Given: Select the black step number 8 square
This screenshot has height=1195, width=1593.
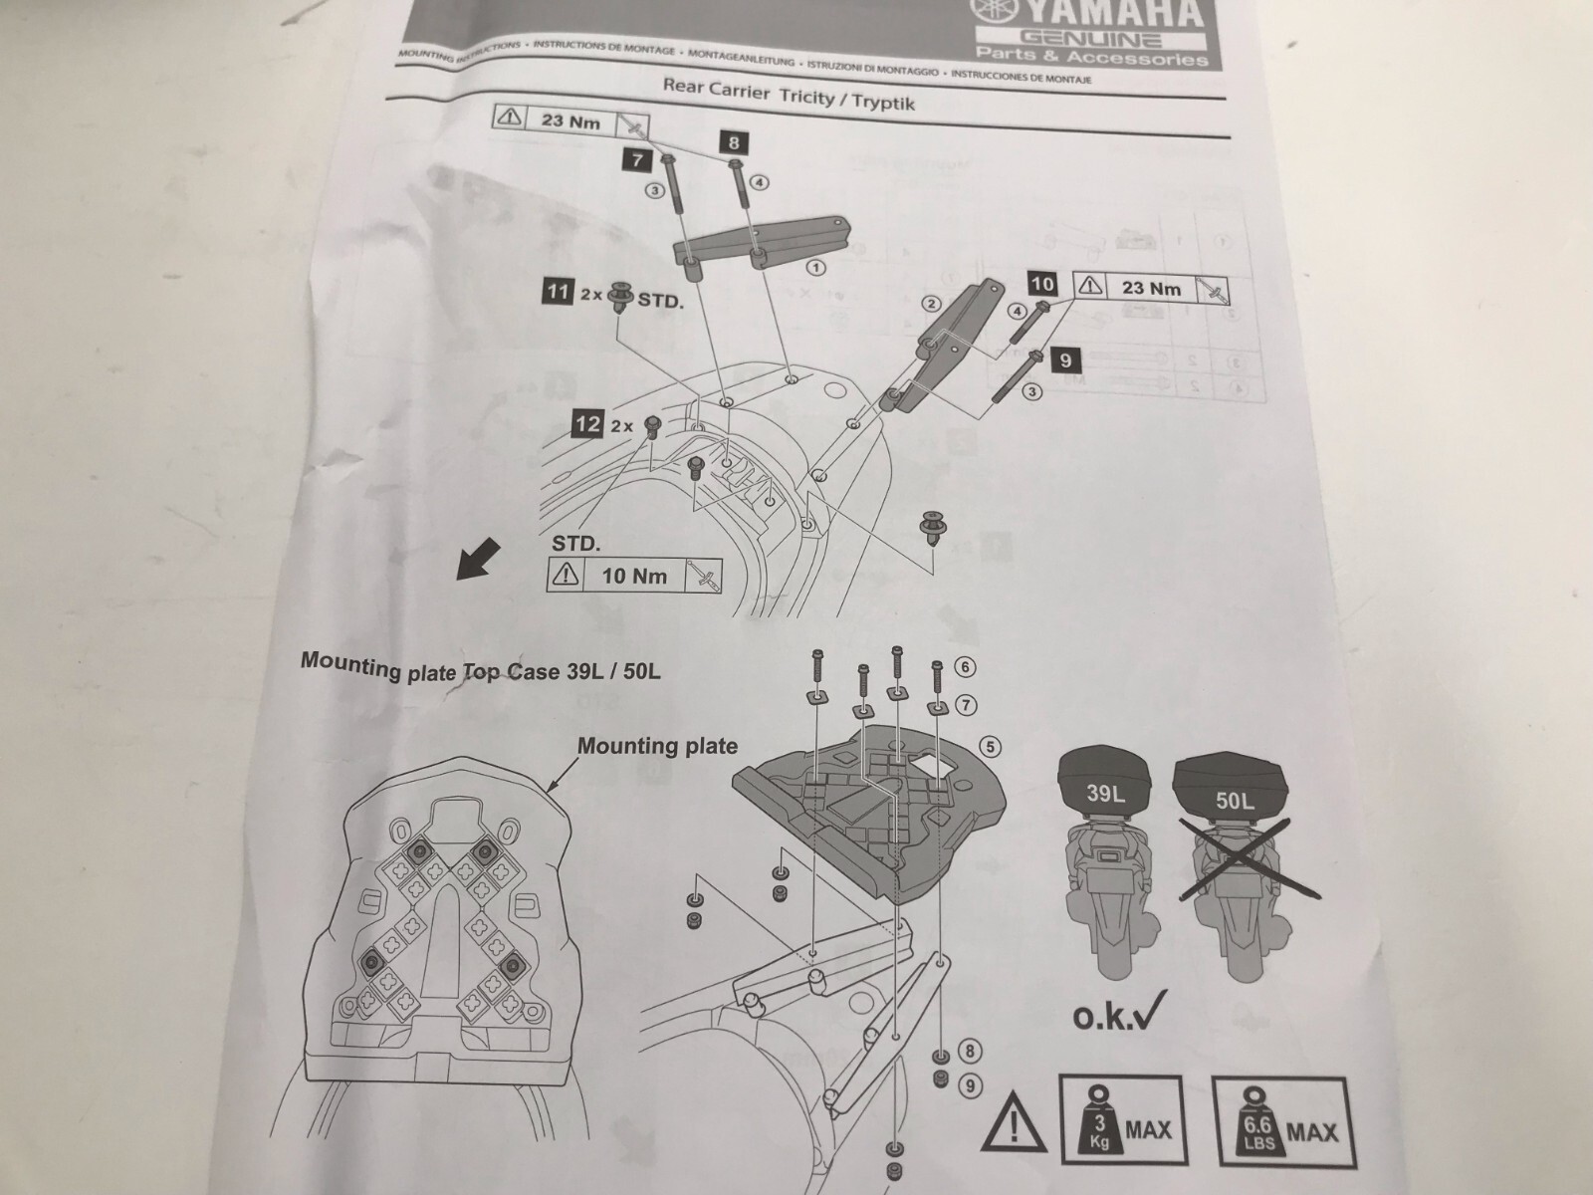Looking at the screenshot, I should pos(738,143).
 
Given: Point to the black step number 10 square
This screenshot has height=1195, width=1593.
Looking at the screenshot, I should pos(1042,284).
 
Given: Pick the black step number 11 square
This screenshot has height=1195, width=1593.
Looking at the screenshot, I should pos(557,292).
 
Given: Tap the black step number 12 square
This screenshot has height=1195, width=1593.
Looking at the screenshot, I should pos(587,425).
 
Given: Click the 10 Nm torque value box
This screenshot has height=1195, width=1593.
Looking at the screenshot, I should pos(634,576).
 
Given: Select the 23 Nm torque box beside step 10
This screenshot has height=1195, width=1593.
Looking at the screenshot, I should pos(1152,288).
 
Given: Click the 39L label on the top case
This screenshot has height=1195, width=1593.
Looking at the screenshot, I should pos(1104,795).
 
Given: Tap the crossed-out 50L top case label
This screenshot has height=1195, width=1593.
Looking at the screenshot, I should pos(1235,799).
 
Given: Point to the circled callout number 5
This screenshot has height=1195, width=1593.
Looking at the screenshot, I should pos(989,746).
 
